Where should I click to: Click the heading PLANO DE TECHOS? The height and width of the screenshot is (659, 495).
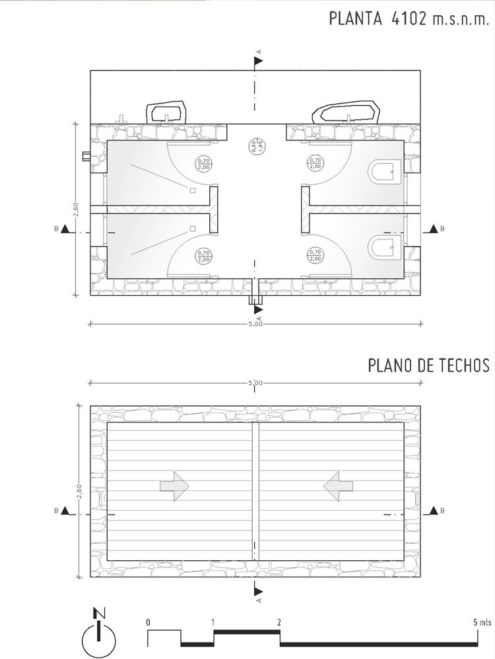point(429,365)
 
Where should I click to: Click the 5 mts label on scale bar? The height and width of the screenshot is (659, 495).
point(482,623)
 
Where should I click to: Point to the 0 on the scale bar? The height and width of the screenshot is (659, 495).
point(148,623)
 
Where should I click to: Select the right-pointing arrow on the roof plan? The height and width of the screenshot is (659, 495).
point(174,486)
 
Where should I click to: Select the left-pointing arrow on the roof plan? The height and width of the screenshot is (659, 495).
point(338,486)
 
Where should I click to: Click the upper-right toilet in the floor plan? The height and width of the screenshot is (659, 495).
point(386,172)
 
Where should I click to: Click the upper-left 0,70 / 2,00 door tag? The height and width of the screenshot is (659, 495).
point(204,163)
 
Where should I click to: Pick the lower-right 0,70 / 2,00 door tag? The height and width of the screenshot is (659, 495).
point(315,255)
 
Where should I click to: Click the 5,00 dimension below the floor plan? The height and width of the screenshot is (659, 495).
point(255,324)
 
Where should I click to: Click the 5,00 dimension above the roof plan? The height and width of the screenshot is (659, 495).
point(255,383)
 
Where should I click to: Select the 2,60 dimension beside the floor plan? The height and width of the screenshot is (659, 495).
point(76,210)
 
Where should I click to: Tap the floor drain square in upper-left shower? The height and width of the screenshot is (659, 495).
point(193,190)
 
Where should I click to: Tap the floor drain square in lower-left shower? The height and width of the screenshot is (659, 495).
point(193,228)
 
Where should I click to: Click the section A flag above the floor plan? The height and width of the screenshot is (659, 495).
point(258,61)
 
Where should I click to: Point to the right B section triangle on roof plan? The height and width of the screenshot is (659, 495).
point(434,510)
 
